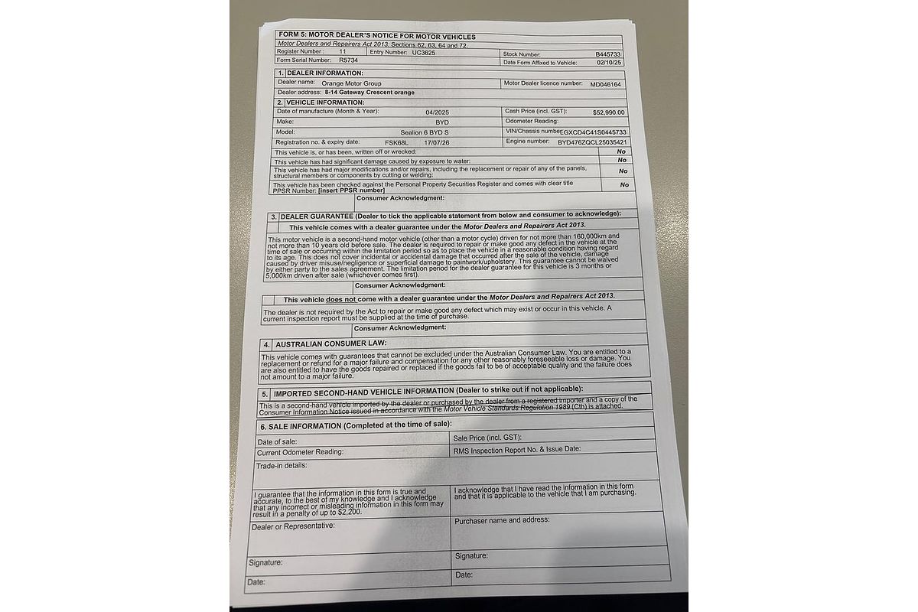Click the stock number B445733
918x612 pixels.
[610, 54]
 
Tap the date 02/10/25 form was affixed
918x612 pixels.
[610, 63]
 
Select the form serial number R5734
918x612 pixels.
[348, 60]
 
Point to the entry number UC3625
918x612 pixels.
[426, 51]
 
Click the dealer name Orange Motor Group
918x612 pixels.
[351, 83]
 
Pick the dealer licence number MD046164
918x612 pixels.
[606, 83]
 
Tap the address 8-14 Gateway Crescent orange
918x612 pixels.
[369, 93]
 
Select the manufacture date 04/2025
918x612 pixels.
[438, 112]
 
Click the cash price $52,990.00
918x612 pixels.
[608, 112]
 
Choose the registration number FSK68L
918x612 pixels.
[397, 142]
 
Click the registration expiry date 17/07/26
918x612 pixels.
[437, 142]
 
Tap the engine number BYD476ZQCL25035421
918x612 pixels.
[592, 142]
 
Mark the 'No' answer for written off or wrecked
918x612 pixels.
[622, 151]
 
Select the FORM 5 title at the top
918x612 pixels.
[377, 36]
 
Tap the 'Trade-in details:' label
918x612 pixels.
[282, 465]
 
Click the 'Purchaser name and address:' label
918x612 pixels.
[501, 520]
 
